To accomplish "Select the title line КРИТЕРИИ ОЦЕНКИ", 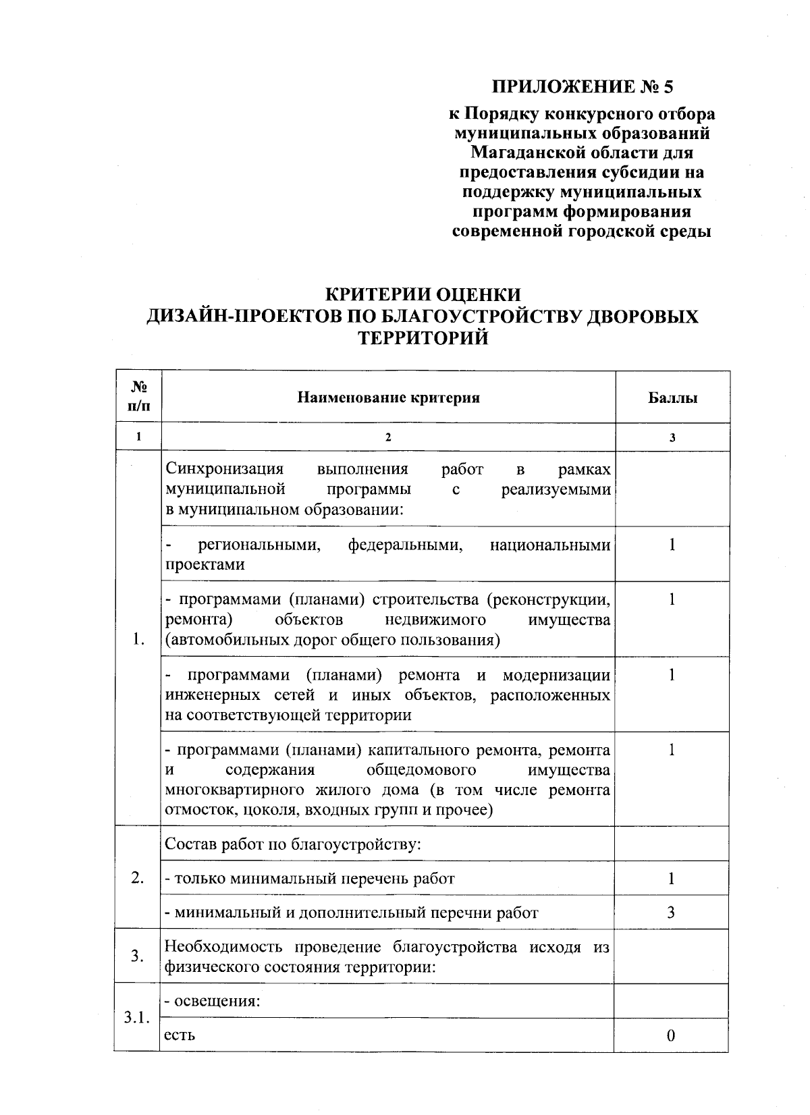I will (x=423, y=295).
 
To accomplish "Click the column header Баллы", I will (x=672, y=398).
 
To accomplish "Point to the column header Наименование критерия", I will (x=389, y=398).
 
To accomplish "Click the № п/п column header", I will (x=138, y=397).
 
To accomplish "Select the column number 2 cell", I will (x=388, y=437).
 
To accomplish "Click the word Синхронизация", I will (x=225, y=469).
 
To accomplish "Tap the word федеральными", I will (x=406, y=545).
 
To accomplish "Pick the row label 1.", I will (x=138, y=638).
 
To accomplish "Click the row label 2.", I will (x=138, y=878).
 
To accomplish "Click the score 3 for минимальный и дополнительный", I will (x=671, y=913).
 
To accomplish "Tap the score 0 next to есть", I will (x=671, y=1036).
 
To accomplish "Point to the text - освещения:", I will (x=213, y=1001).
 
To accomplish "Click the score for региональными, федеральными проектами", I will (x=672, y=545).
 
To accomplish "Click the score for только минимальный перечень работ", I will (x=672, y=878).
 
